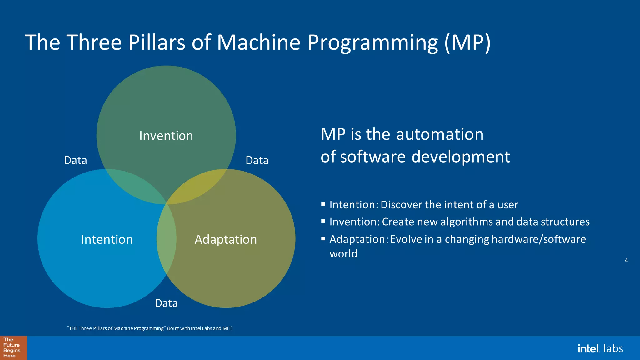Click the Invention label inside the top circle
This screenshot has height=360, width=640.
[166, 136]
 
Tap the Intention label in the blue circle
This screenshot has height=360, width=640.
[107, 240]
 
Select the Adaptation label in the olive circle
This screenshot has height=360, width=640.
[226, 240]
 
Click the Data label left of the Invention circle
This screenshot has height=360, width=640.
[75, 160]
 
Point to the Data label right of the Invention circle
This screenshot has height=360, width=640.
[257, 160]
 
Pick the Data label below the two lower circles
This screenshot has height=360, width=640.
[166, 303]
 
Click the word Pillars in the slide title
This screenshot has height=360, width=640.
[157, 42]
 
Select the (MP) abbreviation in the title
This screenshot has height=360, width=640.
[467, 42]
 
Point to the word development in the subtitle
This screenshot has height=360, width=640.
[461, 157]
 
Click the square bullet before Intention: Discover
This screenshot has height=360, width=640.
[323, 204]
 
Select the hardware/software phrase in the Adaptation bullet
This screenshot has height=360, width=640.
[538, 239]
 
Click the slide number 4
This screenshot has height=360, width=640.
[626, 260]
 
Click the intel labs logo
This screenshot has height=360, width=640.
[600, 348]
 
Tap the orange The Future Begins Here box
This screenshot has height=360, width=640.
[13, 348]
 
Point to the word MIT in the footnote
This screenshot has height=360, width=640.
[227, 328]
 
